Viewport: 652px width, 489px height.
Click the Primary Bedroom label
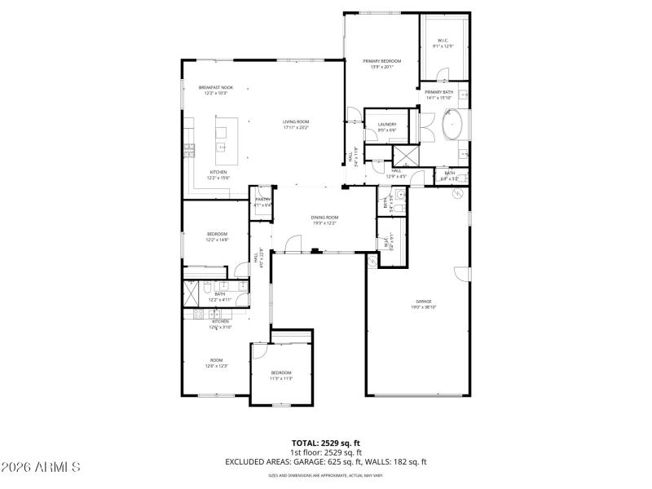pos(382,64)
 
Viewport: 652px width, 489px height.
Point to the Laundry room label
pos(386,127)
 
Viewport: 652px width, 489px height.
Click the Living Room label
pos(296,125)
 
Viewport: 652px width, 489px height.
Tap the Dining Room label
pos(324,220)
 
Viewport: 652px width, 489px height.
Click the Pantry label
pos(262,202)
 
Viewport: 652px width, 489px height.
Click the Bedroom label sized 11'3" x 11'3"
pos(281,376)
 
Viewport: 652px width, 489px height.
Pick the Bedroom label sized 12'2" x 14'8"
pos(216,237)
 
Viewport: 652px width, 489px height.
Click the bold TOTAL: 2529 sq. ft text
pos(325,443)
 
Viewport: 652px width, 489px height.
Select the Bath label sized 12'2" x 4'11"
pos(220,297)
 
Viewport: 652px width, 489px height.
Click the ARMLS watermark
pos(41,467)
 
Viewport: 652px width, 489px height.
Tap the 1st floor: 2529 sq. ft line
pos(325,452)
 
